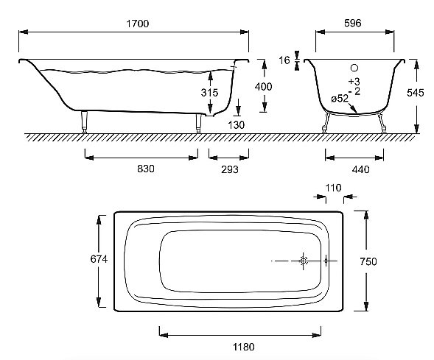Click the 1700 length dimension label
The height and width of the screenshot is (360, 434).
point(138,24)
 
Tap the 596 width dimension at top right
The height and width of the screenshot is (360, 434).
point(353,23)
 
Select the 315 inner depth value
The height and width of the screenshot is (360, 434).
point(209,92)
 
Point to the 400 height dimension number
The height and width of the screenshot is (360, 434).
point(263,87)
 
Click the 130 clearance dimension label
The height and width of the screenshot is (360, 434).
point(236,125)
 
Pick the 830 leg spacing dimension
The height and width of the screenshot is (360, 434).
point(146,169)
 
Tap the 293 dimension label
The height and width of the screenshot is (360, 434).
point(229,169)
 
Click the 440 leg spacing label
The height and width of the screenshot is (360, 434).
point(360,169)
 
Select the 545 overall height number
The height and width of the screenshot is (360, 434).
point(415,93)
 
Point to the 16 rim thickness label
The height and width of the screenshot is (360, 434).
point(284,60)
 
